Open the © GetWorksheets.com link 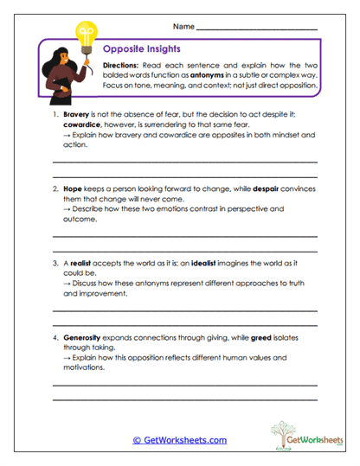(x=180, y=440)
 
